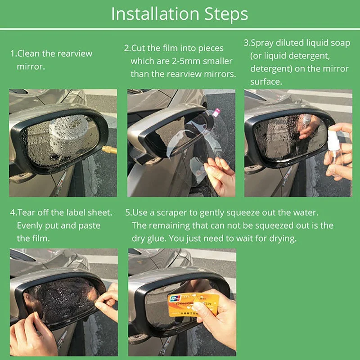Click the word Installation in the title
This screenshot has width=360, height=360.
pyautogui.click(x=155, y=14)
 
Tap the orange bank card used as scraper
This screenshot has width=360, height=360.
pyautogui.click(x=193, y=305)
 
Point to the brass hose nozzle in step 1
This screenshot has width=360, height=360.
pyautogui.click(x=109, y=149)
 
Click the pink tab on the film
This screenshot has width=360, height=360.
pyautogui.click(x=216, y=112)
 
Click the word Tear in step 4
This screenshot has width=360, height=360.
pyautogui.click(x=26, y=212)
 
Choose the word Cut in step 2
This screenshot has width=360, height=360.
pyautogui.click(x=138, y=48)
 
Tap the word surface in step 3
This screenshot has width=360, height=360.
pyautogui.click(x=266, y=82)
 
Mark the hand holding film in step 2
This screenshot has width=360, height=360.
pyautogui.click(x=220, y=177)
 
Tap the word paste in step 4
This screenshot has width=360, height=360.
pyautogui.click(x=89, y=226)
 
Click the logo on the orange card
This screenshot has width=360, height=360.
pyautogui.click(x=175, y=299)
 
